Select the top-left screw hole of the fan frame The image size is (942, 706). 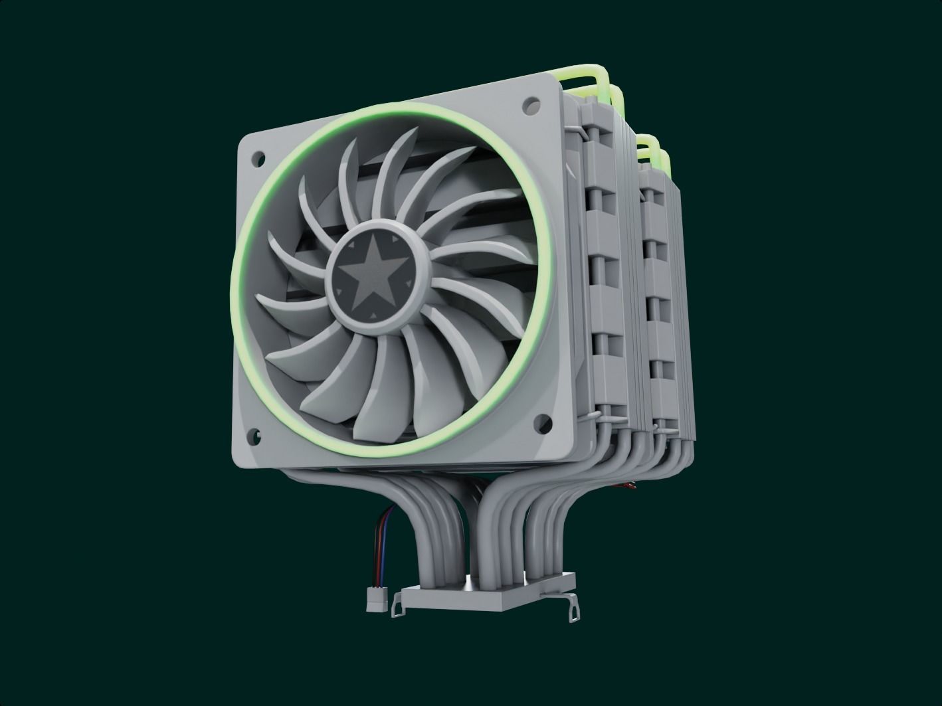255,157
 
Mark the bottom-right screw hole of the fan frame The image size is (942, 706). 543,420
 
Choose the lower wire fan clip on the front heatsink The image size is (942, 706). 605,417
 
